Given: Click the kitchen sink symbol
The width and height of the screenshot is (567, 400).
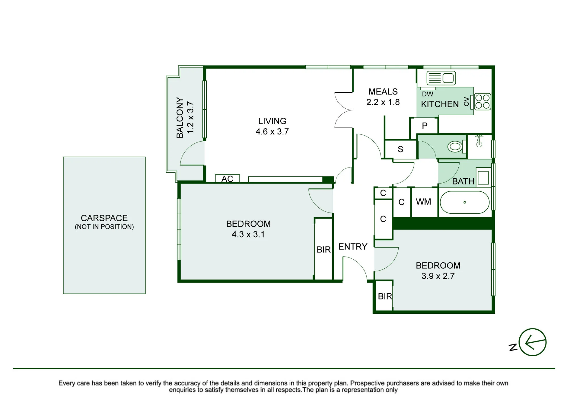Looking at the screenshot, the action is click(441, 78).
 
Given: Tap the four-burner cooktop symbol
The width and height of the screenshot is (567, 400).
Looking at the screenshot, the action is click(482, 102).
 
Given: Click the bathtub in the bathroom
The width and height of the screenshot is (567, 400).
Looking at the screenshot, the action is click(465, 202).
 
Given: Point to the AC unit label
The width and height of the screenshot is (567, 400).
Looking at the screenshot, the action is click(227, 179).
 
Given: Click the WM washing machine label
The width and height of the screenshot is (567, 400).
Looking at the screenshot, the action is click(424, 202).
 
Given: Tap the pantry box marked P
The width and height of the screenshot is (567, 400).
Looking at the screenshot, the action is click(424, 126).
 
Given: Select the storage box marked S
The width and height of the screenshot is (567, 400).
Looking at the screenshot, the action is click(401, 149).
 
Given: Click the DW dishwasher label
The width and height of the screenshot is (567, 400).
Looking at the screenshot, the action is click(428, 94).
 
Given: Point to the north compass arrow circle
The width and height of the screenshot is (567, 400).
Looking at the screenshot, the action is click(533, 342).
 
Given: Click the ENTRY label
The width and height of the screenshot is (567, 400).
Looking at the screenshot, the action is click(353, 247).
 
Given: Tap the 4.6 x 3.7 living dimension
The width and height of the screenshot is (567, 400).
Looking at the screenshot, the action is click(272, 132).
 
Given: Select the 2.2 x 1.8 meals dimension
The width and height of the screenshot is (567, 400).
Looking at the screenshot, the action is click(383, 102).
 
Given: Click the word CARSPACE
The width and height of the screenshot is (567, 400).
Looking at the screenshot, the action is click(104, 218).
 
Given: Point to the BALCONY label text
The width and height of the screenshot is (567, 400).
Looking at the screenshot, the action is click(180, 117).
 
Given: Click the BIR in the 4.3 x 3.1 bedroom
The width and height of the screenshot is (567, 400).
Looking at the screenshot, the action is click(324, 250).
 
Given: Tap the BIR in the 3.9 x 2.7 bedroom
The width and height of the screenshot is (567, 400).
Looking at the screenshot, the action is click(385, 296).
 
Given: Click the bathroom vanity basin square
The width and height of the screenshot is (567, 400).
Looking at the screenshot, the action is click(483, 178).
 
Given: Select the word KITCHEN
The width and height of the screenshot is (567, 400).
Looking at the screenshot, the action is click(440, 104).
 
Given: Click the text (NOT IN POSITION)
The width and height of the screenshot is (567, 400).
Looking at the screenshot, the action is click(104, 227).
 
